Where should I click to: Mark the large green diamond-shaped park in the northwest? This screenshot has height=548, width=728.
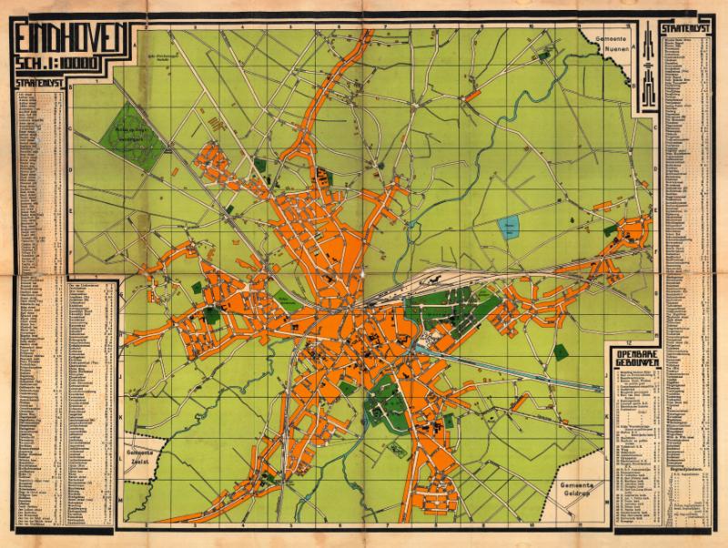(x=142, y=133)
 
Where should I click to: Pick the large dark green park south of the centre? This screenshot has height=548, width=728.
(x=387, y=401)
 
